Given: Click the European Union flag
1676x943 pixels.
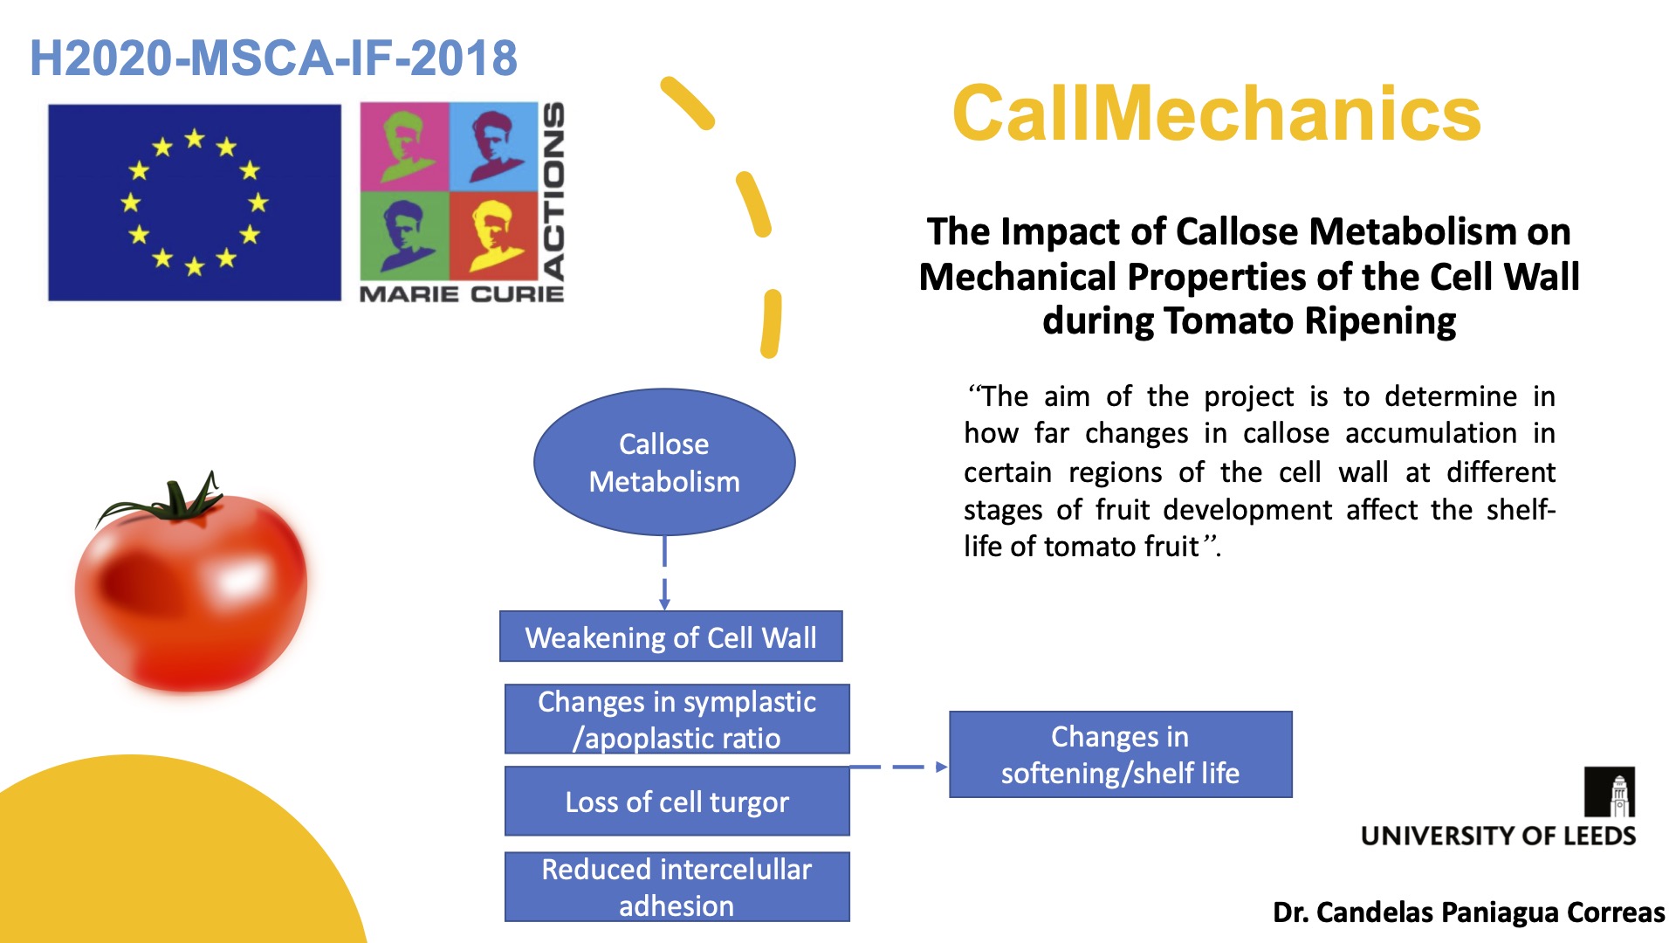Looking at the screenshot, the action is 195,203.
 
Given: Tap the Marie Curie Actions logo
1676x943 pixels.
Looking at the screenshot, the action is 463,203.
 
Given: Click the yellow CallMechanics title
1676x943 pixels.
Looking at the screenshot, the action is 1217,114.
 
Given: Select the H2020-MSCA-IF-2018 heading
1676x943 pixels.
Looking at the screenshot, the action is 273,59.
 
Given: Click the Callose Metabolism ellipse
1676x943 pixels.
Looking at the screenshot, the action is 664,462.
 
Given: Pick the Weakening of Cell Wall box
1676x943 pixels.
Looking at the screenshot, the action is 670,637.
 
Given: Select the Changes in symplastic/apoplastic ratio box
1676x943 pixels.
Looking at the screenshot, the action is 677,719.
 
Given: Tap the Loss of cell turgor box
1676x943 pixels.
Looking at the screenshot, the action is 677,802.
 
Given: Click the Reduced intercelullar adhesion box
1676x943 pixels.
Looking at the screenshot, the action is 677,887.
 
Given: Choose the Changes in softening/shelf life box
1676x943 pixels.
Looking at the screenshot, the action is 1121,754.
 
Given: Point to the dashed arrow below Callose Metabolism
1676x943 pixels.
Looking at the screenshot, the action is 664,573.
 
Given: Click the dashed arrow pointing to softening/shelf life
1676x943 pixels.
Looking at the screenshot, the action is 899,767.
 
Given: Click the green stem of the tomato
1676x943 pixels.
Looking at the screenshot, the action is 175,501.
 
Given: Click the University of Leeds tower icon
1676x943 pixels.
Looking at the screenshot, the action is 1610,792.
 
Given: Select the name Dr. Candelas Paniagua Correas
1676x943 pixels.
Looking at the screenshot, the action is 1469,912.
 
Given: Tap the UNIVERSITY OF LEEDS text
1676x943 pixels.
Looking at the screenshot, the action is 1499,836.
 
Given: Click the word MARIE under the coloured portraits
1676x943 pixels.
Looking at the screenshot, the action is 409,294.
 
